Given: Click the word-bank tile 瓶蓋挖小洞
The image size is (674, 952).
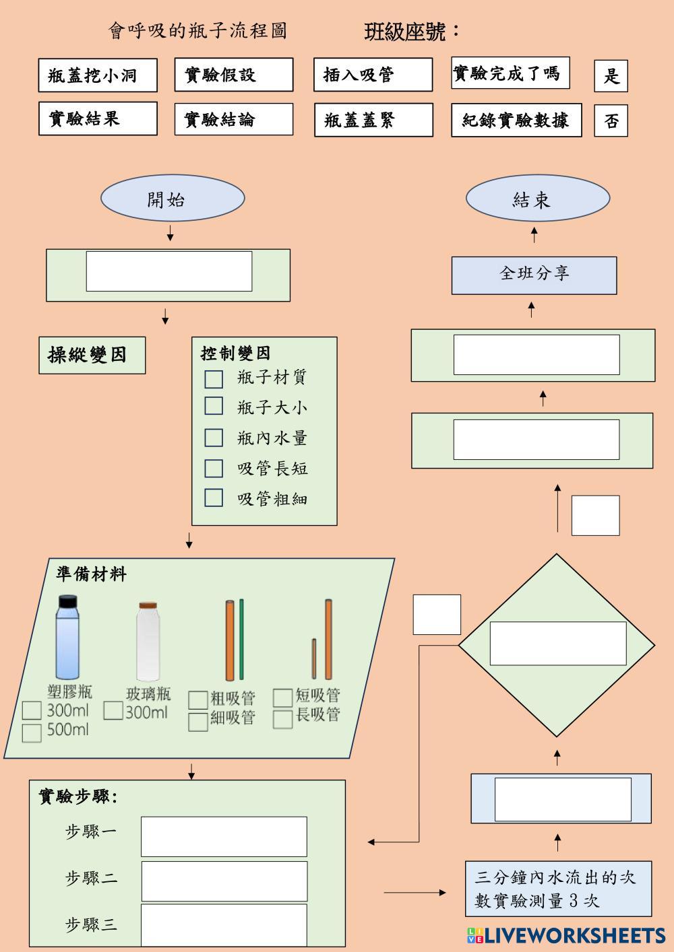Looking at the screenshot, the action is click(98, 75).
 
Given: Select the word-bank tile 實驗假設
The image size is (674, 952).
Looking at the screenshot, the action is click(234, 75).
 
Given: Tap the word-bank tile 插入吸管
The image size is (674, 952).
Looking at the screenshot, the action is click(373, 75).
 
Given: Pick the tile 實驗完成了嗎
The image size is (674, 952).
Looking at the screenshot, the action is click(510, 73).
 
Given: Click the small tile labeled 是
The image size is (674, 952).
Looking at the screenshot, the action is click(611, 75).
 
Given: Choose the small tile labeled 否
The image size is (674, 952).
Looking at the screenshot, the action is click(611, 121).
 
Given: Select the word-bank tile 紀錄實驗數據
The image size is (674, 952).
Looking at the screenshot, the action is click(516, 121).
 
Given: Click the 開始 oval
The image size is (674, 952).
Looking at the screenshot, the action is click(173, 199).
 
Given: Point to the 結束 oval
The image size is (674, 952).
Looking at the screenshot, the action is click(538, 199).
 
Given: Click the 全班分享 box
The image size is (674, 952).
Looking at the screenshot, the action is click(534, 275).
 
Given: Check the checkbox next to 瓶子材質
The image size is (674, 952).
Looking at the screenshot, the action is click(214, 378).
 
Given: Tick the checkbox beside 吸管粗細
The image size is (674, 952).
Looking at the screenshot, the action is click(214, 498).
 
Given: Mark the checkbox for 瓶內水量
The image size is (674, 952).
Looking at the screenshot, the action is click(214, 438).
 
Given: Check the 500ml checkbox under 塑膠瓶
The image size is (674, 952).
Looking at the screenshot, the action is click(32, 733).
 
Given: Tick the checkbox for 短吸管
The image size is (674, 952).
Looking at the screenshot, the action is click(282, 698).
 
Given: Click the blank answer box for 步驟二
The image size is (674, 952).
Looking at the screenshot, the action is click(224, 881).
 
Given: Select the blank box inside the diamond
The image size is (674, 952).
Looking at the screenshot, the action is click(557, 643).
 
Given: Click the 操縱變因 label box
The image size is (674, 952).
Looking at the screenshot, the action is click(92, 355).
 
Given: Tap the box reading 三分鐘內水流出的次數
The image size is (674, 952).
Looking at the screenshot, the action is click(558, 888).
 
